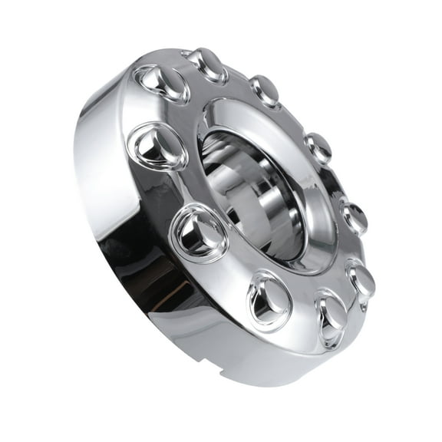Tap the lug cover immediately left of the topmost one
click(163, 83)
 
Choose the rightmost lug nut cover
click(361, 279)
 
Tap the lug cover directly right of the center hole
click(354, 218)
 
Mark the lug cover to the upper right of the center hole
click(318, 147)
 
